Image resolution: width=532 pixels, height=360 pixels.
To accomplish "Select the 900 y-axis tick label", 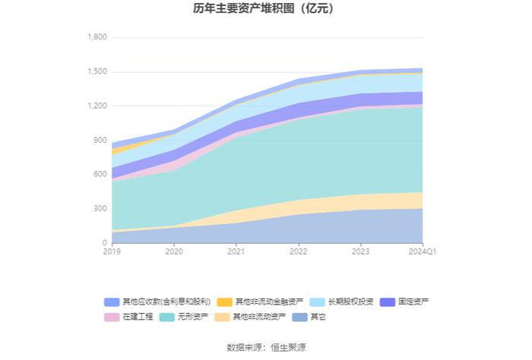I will point(100,140).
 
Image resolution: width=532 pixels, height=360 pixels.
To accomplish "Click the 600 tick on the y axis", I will point(100,174).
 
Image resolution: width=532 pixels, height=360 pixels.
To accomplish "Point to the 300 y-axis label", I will point(100,209).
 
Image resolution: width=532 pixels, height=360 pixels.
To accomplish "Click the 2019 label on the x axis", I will point(112,251).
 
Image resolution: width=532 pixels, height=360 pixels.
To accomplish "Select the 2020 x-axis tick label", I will point(174,251).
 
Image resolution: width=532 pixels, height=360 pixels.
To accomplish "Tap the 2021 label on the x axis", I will point(236,251).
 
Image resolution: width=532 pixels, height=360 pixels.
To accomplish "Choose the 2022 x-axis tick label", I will point(299,251).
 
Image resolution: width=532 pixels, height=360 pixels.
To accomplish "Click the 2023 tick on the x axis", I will point(361,251).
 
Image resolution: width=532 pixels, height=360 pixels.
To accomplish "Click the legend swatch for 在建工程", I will point(112,317).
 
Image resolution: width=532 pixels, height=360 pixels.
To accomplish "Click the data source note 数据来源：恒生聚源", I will point(266,347).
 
